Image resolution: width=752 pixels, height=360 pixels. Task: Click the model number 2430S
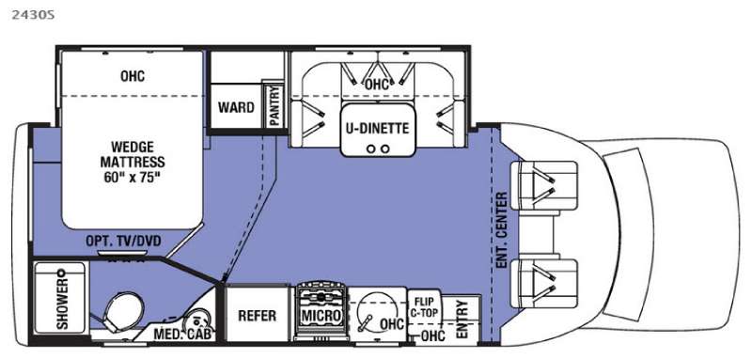coord(33,15)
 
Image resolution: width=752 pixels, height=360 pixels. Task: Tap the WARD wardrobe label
coord(236,107)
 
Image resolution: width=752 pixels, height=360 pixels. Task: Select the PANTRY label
coord(274,106)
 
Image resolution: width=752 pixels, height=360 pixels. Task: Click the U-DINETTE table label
coord(378,128)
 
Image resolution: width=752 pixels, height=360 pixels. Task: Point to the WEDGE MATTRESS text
coord(132,153)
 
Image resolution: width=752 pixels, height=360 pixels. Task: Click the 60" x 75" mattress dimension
coord(132,176)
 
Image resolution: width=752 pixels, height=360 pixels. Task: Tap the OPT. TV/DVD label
coord(123,241)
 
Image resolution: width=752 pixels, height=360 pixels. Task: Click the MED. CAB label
coord(182,335)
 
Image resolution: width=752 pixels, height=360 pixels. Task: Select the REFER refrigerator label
coord(257,316)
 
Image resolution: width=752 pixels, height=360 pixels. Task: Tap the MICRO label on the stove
coord(321,316)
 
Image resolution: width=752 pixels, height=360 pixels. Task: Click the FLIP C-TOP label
coord(425,307)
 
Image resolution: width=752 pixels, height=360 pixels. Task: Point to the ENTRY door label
coord(462,320)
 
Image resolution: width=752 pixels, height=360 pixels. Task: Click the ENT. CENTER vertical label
coord(502,230)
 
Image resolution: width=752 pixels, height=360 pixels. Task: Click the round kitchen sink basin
coord(376,310)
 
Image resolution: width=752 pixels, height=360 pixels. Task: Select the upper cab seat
coord(544,185)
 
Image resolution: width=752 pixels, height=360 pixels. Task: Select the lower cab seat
coord(544,284)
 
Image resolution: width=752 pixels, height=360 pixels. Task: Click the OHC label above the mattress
coord(133,76)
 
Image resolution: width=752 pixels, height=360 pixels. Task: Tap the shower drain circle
coord(61,273)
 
